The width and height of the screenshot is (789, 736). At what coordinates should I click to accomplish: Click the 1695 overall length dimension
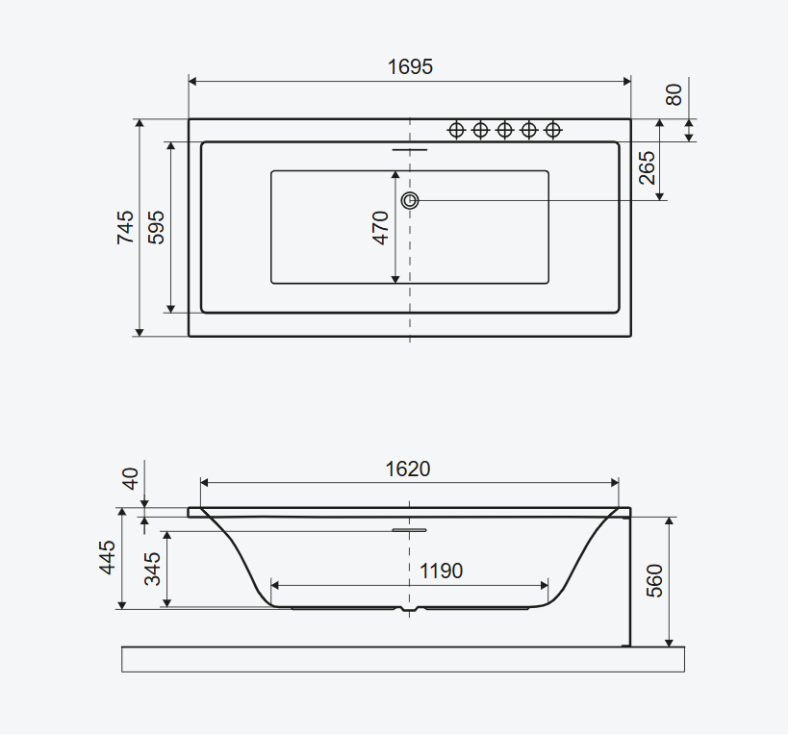tap(410, 66)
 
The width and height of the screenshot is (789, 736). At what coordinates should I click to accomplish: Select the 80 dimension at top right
tap(674, 94)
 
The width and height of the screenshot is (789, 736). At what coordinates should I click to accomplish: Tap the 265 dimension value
tap(647, 169)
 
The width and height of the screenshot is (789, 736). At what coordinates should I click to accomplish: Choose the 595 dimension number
tap(157, 227)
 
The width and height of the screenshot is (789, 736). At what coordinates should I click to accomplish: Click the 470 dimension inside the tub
tap(381, 227)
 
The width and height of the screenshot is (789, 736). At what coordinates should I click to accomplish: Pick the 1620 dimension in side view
tap(408, 469)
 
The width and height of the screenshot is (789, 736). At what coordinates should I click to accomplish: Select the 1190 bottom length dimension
tap(441, 571)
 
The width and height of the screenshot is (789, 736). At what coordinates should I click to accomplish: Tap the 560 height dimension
tap(654, 581)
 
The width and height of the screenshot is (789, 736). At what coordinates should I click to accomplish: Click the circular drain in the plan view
tap(411, 200)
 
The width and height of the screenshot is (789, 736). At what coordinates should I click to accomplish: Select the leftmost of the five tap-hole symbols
tap(456, 130)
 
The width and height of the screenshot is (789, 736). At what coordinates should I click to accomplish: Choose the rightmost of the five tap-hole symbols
tap(553, 130)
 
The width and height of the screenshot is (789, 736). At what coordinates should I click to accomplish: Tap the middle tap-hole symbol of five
tap(504, 130)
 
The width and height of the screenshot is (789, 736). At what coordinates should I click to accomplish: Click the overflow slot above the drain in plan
tap(411, 150)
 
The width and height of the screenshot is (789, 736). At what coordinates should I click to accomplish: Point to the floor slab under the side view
tap(403, 659)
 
